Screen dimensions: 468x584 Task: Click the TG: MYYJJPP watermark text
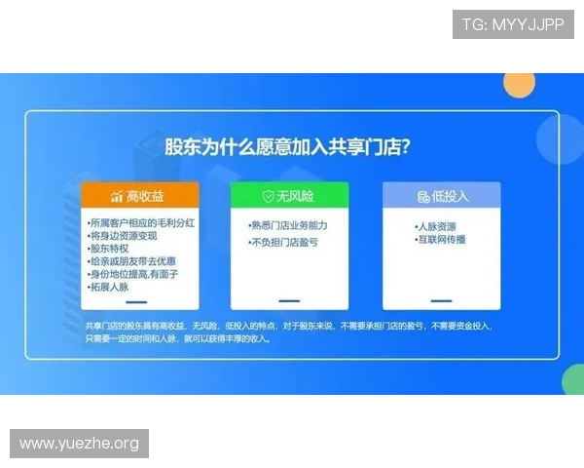click(513, 24)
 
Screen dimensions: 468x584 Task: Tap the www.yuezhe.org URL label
click(80, 444)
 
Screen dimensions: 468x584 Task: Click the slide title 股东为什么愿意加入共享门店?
click(286, 147)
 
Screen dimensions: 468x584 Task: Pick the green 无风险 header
click(288, 196)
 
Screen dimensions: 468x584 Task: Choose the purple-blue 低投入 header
click(441, 196)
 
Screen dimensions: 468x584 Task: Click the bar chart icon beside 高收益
click(116, 196)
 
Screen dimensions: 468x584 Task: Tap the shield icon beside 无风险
click(268, 196)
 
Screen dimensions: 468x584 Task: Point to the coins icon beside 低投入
click(422, 196)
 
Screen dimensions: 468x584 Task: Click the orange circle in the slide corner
click(519, 83)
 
